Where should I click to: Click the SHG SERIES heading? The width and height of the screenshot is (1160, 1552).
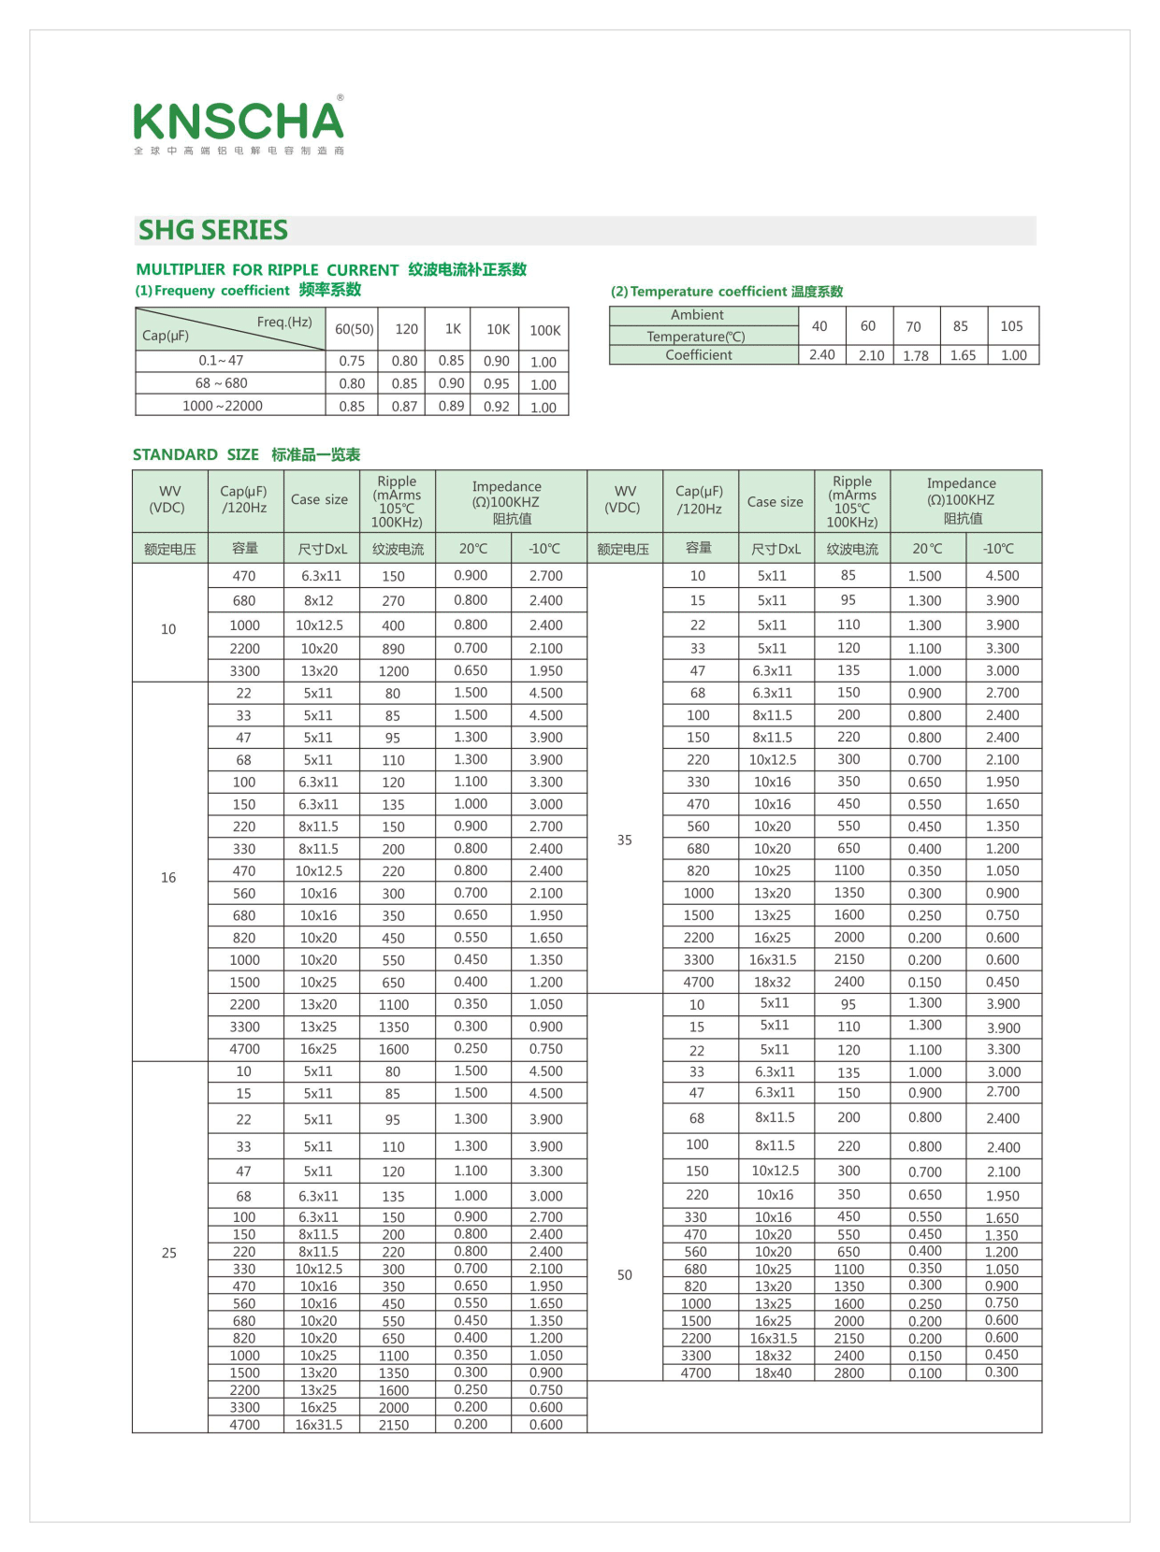point(213,230)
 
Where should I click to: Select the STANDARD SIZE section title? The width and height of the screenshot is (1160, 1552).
point(196,455)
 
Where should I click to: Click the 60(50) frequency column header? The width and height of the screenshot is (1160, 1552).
point(355,330)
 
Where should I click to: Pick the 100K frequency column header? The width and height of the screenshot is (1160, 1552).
point(544,330)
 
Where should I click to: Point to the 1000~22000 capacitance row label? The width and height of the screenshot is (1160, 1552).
point(223,406)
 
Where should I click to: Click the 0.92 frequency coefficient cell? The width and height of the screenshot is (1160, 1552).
point(497,407)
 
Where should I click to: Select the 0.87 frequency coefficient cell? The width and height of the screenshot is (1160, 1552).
point(404,407)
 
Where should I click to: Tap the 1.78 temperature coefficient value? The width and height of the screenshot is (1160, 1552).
point(916,355)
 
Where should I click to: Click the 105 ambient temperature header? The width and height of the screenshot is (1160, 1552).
point(1011,326)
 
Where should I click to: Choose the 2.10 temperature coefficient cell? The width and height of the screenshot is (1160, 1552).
point(871,355)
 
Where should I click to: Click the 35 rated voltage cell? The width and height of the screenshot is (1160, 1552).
point(624,840)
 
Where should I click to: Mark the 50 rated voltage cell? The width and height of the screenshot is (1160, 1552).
point(624,1274)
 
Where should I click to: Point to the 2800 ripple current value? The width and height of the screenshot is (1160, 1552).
point(848,1373)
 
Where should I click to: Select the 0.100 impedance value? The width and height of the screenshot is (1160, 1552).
point(924,1373)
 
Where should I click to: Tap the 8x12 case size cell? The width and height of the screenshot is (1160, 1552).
point(318,601)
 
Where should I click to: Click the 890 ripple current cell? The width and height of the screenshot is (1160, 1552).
point(393,649)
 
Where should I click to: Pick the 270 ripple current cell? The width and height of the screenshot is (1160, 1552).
point(393,601)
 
